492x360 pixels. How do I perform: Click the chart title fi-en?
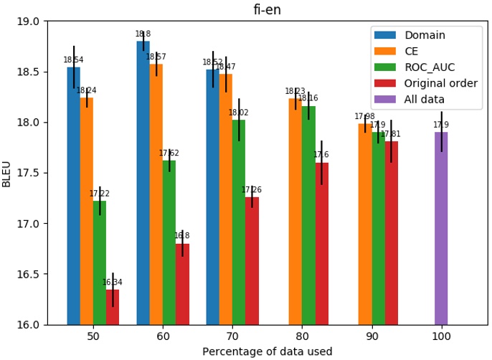tap(267, 9)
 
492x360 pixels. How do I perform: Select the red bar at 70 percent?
tap(252, 261)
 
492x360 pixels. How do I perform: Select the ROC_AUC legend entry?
tap(429, 67)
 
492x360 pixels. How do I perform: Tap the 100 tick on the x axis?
tap(441, 336)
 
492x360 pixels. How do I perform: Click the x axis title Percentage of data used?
tap(267, 351)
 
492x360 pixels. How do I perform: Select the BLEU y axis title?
tap(7, 174)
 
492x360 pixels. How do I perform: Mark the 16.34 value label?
tap(113, 283)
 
